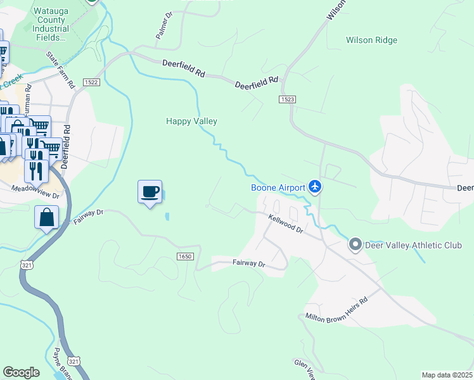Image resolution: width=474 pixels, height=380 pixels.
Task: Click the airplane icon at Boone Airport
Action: tap(315, 187)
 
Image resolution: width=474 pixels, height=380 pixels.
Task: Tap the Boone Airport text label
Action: tap(278, 187)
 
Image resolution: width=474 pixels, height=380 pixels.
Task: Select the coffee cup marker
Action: tap(150, 191)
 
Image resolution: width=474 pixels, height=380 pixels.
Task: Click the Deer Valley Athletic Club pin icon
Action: tap(355, 244)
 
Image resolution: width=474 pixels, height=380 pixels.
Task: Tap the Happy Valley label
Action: tap(191, 121)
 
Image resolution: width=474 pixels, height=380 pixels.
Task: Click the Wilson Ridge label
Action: tap(371, 41)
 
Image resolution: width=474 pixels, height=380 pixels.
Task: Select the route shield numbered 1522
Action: tap(91, 82)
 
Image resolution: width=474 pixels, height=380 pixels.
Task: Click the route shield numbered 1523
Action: tap(287, 99)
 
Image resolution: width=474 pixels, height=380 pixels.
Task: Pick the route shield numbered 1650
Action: tap(184, 256)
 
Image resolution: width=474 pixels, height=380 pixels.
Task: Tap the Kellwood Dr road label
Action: tap(286, 224)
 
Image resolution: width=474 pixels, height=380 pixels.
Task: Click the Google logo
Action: tap(21, 372)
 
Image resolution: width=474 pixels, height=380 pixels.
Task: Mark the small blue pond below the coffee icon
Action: tap(167, 217)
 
